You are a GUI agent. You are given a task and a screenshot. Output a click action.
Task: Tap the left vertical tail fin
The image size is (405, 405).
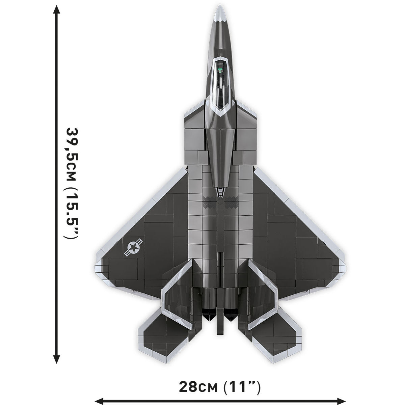tap(178, 287)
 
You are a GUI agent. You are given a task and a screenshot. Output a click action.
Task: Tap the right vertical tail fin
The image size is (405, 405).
tap(262, 287)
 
